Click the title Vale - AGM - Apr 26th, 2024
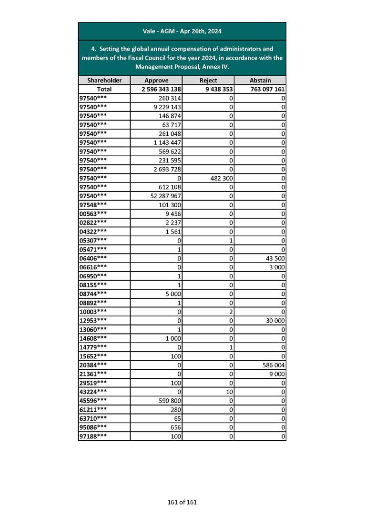click(x=182, y=31)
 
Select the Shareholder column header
click(x=104, y=81)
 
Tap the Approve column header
click(x=156, y=81)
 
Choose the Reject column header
click(x=208, y=81)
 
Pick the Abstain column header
click(x=260, y=81)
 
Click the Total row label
click(x=104, y=89)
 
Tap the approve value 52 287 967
click(x=164, y=196)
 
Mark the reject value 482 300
click(x=220, y=178)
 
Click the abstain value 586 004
click(x=273, y=365)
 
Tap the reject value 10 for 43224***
click(x=229, y=392)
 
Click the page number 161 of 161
click(x=182, y=502)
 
